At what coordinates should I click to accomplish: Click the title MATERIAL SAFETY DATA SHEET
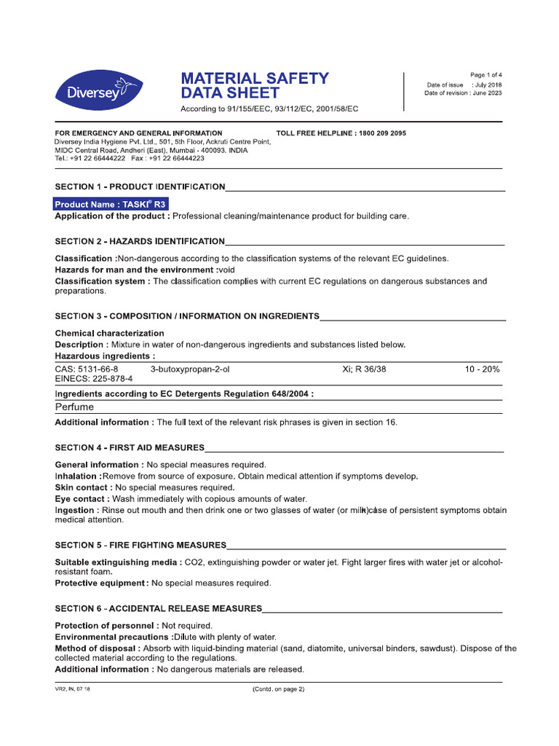[x=254, y=85]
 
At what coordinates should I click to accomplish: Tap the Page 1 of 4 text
[x=485, y=75]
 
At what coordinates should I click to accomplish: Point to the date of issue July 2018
[x=488, y=85]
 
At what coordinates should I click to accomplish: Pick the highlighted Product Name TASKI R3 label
[x=111, y=205]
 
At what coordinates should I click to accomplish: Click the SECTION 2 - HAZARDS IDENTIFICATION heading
[x=140, y=241]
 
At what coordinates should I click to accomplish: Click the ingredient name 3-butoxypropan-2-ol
[x=190, y=369]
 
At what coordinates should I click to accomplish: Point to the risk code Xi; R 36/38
[x=364, y=369]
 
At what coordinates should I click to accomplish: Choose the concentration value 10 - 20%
[x=482, y=369]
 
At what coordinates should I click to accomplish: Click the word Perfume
[x=75, y=407]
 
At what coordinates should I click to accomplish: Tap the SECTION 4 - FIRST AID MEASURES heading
[x=130, y=447]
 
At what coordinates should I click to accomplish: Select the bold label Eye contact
[x=81, y=499]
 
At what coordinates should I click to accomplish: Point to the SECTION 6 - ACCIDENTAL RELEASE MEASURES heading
[x=158, y=608]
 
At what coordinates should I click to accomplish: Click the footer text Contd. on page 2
[x=278, y=689]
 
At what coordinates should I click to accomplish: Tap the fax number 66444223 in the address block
[x=181, y=158]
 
